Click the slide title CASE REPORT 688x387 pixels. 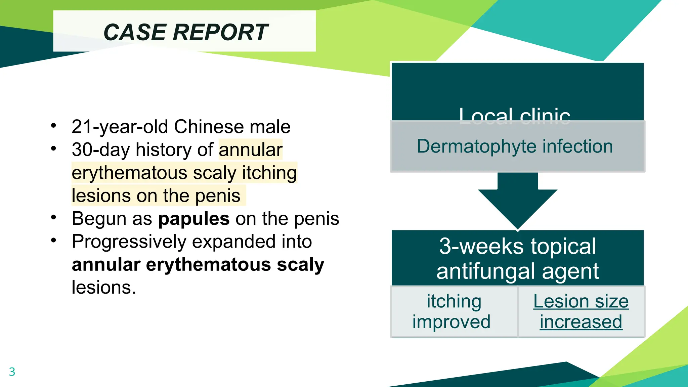185,32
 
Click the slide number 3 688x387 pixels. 12,372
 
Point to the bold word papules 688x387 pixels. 194,219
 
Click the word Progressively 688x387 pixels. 129,242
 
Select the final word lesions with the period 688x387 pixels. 104,288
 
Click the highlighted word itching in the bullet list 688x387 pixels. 269,173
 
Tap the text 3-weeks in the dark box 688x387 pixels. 481,246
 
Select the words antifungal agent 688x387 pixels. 517,271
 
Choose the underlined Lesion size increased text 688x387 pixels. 581,311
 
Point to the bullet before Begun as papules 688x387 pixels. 54,217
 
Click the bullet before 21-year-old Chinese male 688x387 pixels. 54,126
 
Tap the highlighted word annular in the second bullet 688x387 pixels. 251,149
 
